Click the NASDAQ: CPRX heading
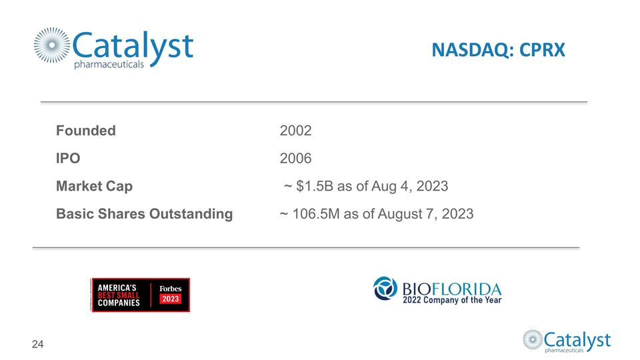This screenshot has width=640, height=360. coord(497,50)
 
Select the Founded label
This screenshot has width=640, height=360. coord(85,131)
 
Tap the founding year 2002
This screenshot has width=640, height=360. coord(295,131)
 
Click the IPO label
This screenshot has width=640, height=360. coord(68,159)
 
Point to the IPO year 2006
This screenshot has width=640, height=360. coord(295,159)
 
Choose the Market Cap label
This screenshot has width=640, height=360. coord(94,187)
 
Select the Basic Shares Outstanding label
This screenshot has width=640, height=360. coord(144,214)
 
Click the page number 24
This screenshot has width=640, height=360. coord(38,344)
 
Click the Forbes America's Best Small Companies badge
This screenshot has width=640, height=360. coord(140,295)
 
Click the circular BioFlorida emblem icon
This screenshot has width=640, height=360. coord(385,289)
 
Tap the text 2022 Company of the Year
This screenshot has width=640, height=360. coord(451,300)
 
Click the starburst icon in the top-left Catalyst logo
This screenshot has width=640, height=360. coord(52,47)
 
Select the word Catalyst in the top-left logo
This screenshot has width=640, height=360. coord(133,45)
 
